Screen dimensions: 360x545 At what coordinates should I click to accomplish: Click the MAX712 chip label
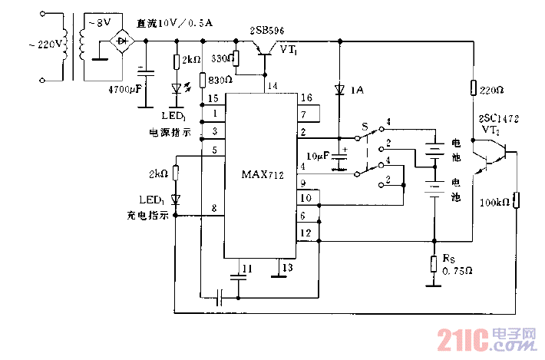pos(262,176)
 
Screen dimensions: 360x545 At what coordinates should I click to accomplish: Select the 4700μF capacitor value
pos(126,89)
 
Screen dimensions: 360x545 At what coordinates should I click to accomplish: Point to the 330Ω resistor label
pos(223,58)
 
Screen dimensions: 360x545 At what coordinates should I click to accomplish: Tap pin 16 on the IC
pos(307,98)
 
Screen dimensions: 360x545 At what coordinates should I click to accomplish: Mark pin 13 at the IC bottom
pos(286,267)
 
